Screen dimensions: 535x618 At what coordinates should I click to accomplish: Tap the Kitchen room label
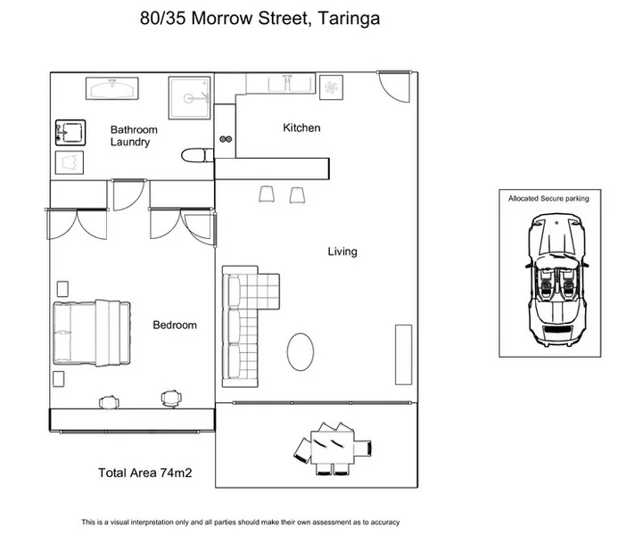click(x=301, y=128)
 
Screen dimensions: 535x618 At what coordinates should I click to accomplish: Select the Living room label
click(x=342, y=251)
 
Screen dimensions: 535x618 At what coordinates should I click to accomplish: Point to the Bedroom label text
click(x=174, y=325)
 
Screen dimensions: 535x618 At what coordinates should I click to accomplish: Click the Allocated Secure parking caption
click(x=548, y=198)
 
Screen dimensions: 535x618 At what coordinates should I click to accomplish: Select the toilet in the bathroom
click(x=196, y=155)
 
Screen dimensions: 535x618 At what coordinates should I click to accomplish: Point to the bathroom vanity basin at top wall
click(x=111, y=88)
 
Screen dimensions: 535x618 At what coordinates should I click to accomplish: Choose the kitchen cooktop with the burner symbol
click(x=330, y=86)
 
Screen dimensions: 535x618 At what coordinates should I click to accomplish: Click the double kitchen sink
click(x=291, y=83)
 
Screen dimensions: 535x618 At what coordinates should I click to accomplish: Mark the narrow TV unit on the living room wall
click(x=403, y=354)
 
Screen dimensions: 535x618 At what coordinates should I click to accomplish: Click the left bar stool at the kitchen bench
click(x=267, y=193)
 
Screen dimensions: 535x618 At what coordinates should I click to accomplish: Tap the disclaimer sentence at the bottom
click(x=240, y=523)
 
